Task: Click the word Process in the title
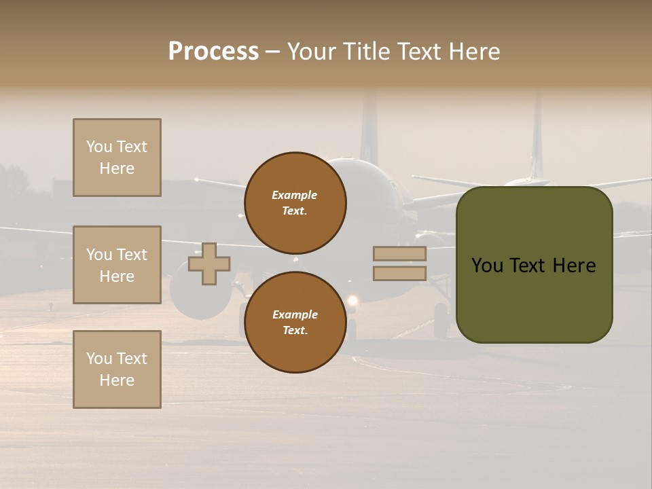click(213, 52)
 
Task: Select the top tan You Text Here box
click(117, 158)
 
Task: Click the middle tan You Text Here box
click(117, 265)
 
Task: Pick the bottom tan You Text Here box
click(117, 369)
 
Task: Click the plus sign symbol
click(209, 264)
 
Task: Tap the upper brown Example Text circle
click(295, 202)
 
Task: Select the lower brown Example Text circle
click(295, 322)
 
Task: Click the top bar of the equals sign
click(400, 253)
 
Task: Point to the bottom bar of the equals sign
click(400, 274)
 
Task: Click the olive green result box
click(534, 265)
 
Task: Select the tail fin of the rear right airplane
click(537, 136)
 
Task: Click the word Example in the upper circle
click(294, 195)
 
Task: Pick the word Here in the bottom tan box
click(117, 380)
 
